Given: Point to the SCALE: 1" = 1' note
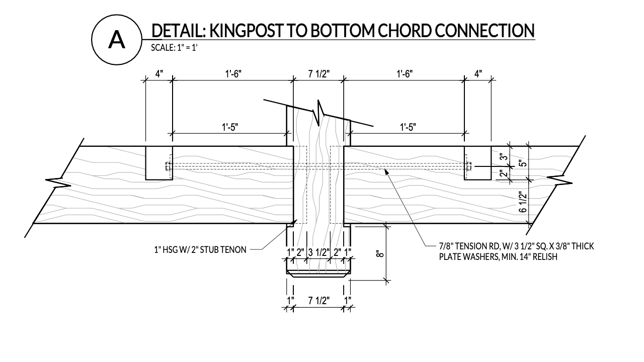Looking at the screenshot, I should click(x=173, y=49).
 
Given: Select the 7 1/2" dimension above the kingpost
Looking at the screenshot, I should click(x=318, y=74).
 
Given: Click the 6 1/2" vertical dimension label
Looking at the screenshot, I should click(x=524, y=203).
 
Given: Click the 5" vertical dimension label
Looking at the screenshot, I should click(x=524, y=163).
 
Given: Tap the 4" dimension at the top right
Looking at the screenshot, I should click(x=477, y=74).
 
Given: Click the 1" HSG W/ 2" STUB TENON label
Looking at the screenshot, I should click(x=200, y=249).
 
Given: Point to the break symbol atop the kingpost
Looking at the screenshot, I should click(x=319, y=112).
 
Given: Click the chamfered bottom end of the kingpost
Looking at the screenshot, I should click(x=318, y=275).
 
